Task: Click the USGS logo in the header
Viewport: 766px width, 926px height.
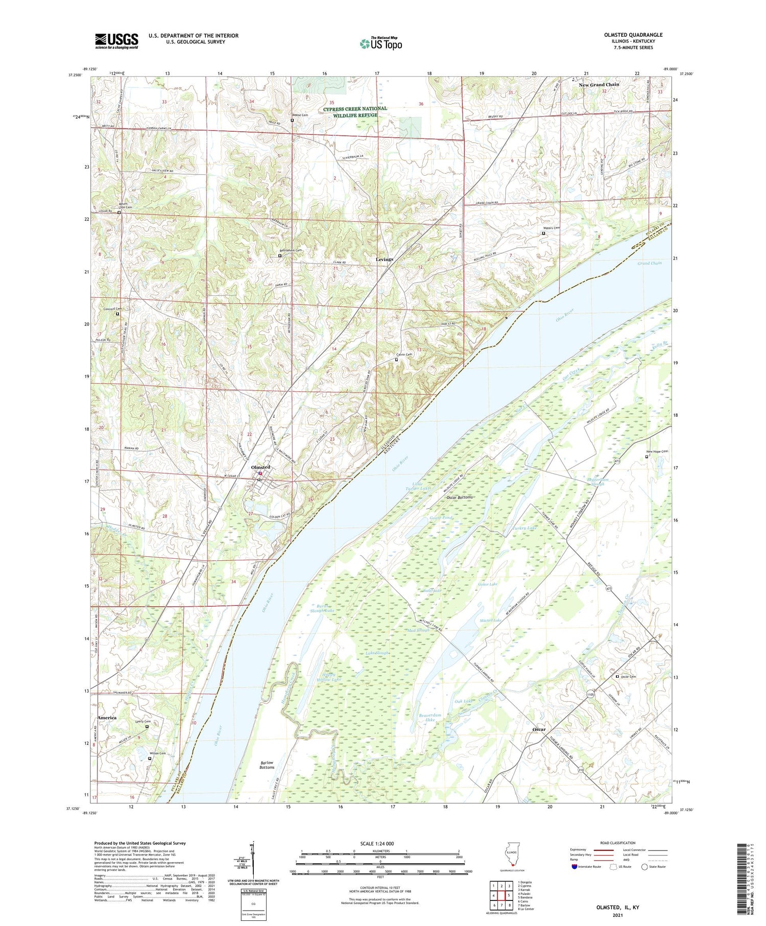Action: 116,41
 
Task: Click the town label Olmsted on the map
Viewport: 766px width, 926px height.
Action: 260,467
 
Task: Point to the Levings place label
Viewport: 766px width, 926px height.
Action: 385,259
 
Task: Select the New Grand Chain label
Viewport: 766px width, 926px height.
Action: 599,85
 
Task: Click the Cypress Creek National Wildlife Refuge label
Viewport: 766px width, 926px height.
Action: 355,111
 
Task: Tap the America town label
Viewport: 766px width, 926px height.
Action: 107,718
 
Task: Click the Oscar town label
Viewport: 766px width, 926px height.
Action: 539,729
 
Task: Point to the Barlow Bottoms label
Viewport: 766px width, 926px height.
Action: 267,765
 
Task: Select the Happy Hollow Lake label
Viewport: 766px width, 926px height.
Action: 328,677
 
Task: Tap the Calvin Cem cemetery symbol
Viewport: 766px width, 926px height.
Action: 396,360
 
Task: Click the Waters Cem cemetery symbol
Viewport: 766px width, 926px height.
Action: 543,233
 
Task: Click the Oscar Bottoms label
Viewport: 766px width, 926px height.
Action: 460,497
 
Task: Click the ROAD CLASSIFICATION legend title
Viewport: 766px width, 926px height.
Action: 618,843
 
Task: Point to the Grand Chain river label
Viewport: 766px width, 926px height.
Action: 649,263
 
